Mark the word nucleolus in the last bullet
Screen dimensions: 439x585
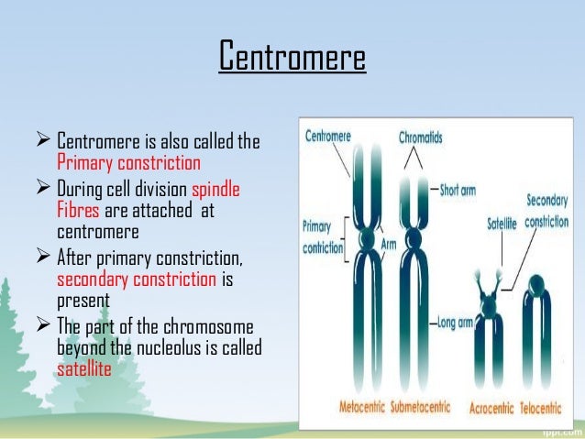point(184,349)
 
